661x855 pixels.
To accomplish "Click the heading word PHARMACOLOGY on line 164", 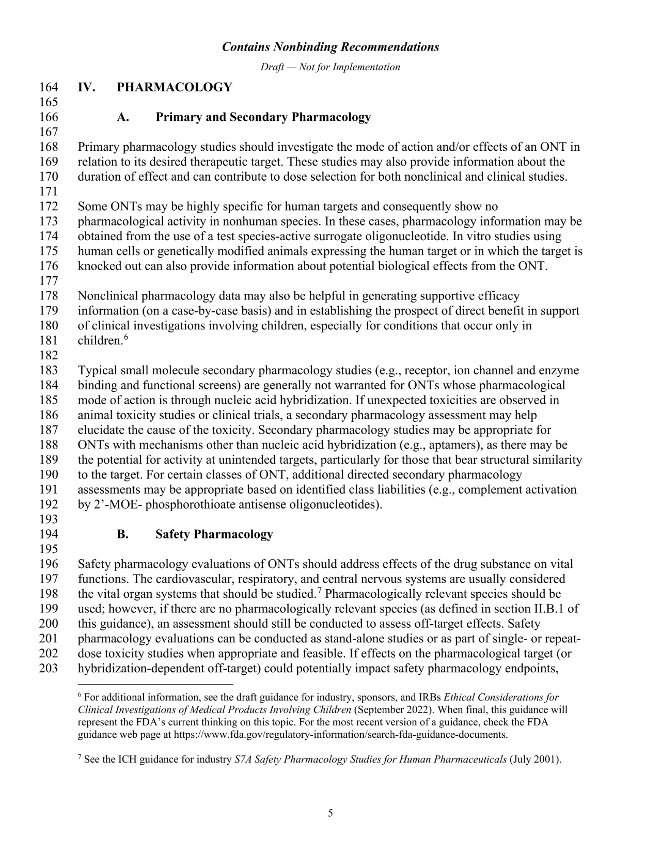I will tap(175, 87).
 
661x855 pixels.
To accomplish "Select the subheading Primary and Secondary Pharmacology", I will tap(263, 117).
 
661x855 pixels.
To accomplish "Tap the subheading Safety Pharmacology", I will tap(214, 534).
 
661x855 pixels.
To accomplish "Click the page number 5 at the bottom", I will tap(330, 814).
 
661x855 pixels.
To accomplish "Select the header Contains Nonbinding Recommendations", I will tap(330, 47).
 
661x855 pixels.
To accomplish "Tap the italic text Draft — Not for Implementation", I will tap(330, 67).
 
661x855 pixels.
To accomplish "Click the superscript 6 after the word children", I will tap(125, 338).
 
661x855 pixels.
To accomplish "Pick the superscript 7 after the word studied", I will tap(320, 590).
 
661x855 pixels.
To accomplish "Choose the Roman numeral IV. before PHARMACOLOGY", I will tap(87, 87).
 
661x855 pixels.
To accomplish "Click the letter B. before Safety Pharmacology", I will tap(122, 534).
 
